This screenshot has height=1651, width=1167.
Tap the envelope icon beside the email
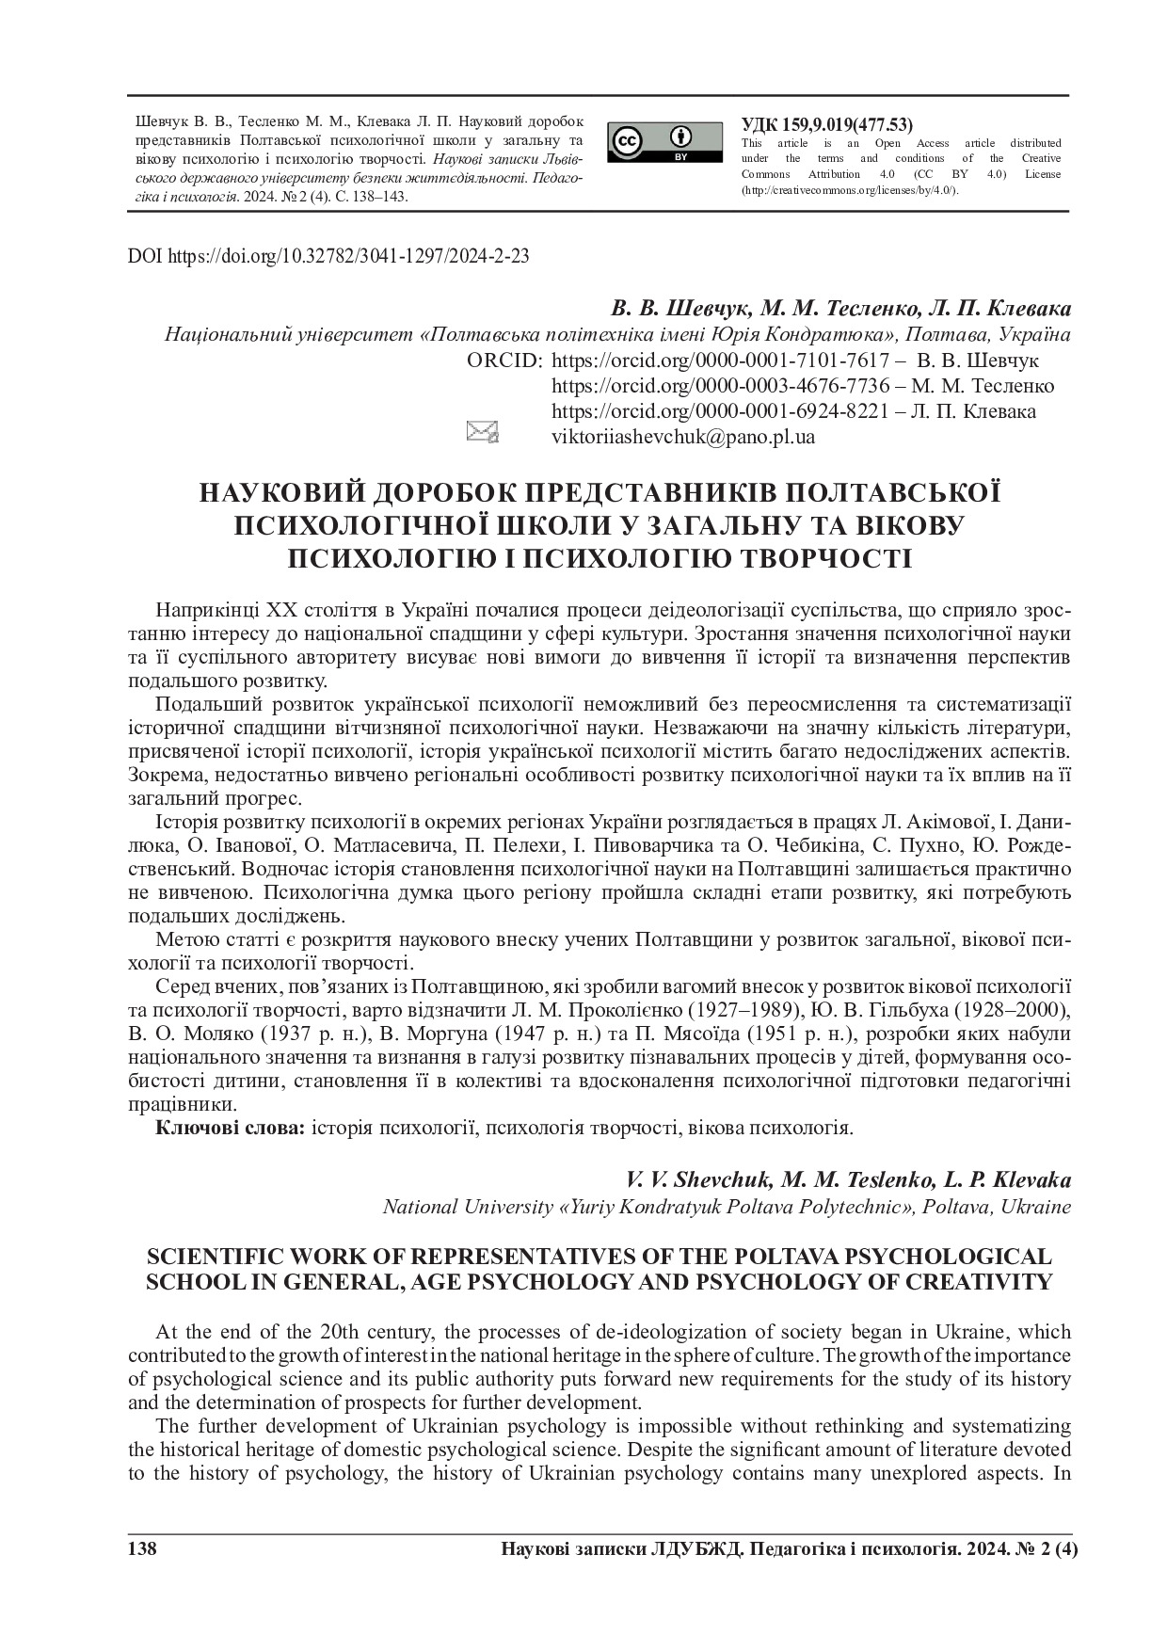click(482, 432)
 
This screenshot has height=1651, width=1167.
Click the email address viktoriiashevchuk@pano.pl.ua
click(682, 437)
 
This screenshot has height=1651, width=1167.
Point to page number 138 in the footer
click(142, 1550)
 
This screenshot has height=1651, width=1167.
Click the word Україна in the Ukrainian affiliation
click(1034, 335)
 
